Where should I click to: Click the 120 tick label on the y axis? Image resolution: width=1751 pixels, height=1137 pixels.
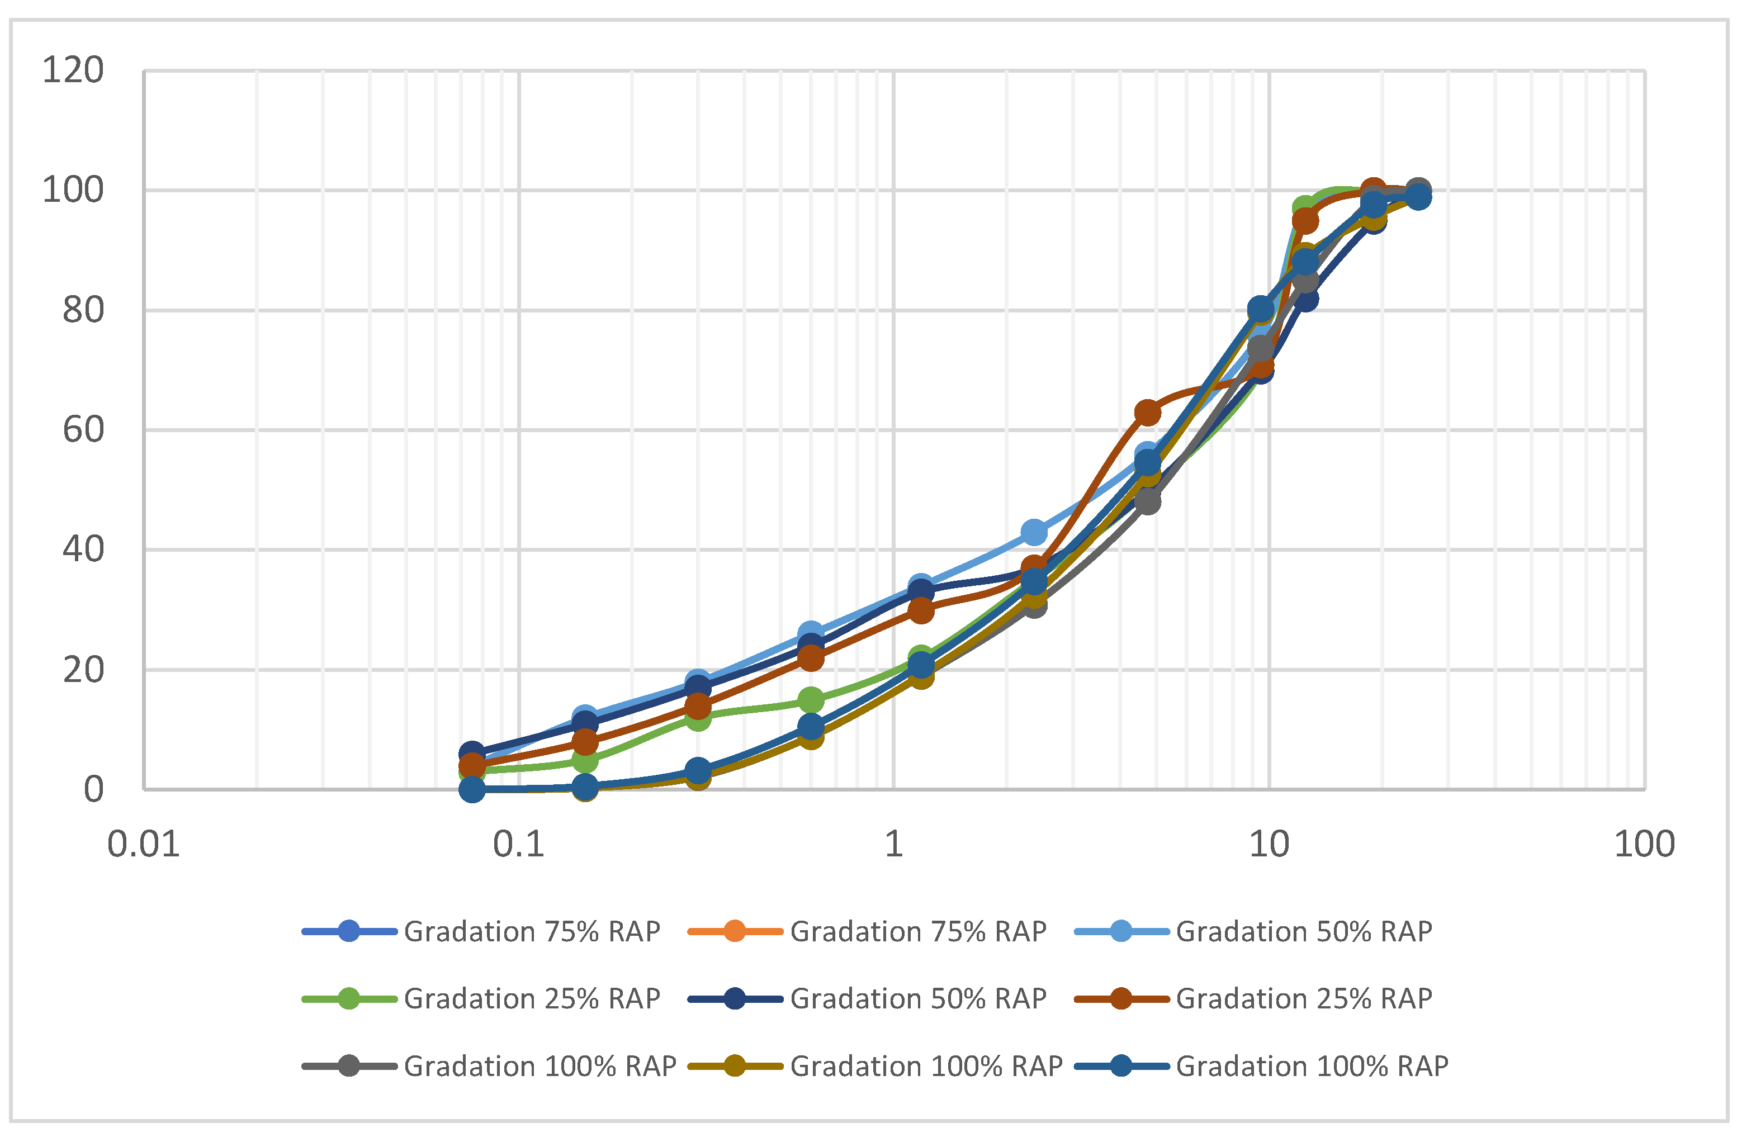[72, 72]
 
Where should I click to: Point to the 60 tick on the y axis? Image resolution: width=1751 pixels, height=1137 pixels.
[82, 430]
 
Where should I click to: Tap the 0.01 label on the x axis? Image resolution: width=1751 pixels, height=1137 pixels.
[144, 844]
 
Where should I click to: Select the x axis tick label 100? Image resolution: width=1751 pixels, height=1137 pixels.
[1644, 844]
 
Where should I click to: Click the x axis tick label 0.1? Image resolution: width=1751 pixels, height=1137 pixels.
[519, 844]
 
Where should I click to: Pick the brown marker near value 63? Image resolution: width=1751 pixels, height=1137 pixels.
[1148, 413]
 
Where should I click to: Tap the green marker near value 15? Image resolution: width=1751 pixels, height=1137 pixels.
[811, 700]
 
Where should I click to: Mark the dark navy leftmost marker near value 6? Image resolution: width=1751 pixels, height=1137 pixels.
[472, 754]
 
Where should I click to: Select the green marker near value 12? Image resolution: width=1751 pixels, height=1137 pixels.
[698, 718]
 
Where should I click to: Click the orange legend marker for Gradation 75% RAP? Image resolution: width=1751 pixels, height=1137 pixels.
[734, 932]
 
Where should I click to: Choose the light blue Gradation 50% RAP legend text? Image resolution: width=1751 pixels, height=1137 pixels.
[1304, 932]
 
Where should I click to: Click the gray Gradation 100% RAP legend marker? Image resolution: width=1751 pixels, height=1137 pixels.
[349, 1065]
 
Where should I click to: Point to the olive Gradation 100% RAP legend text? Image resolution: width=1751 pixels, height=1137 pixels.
[925, 1065]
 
